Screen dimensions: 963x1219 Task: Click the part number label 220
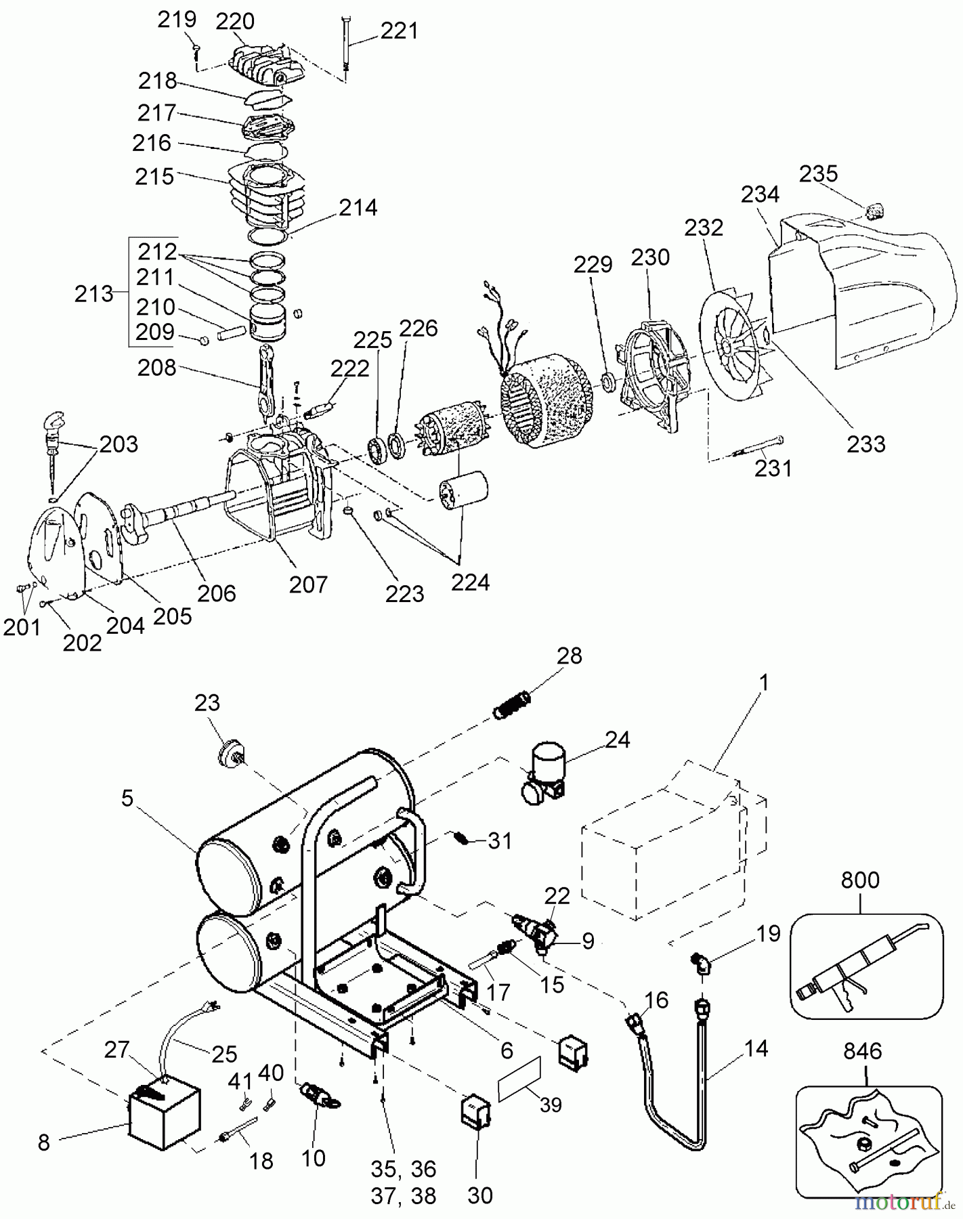pos(235,22)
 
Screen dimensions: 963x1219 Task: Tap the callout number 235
pos(819,174)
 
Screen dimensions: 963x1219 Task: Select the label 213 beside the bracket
pos(94,294)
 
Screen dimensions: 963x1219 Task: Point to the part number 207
pos(308,584)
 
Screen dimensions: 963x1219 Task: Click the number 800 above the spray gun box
pos(860,880)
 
